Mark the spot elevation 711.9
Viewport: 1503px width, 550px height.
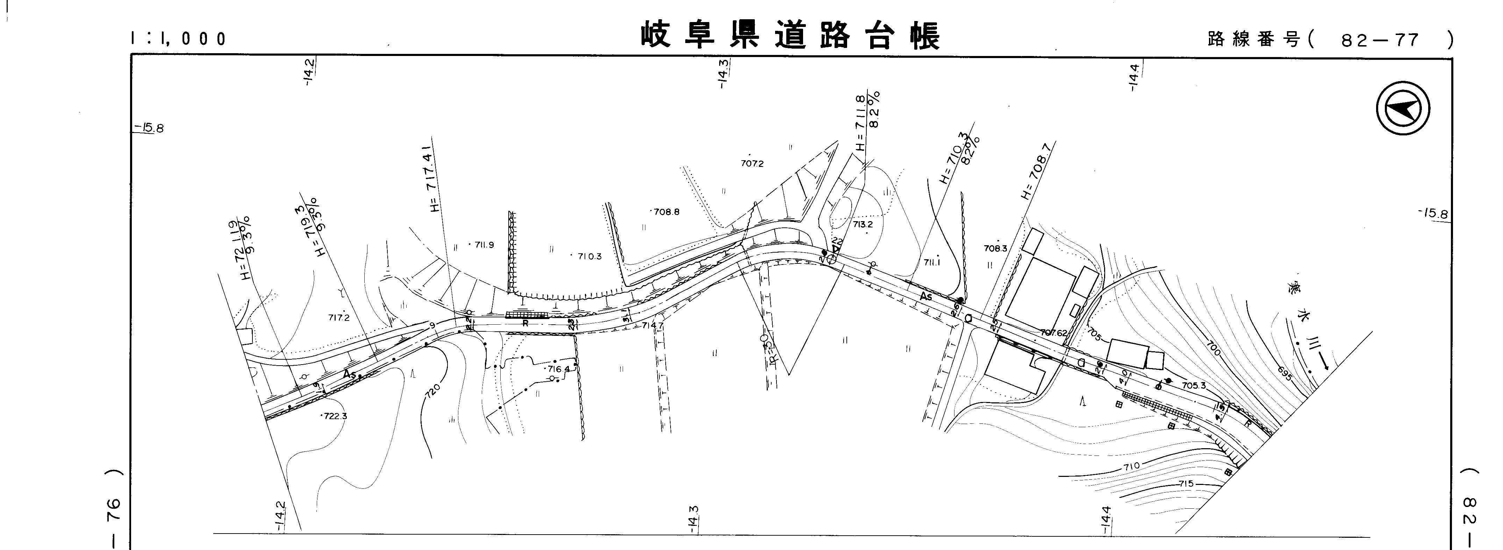point(484,245)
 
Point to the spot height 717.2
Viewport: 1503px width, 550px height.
point(338,318)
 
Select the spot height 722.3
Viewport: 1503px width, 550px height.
point(336,416)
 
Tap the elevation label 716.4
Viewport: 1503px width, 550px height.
point(558,369)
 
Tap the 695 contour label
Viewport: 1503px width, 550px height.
point(1284,373)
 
